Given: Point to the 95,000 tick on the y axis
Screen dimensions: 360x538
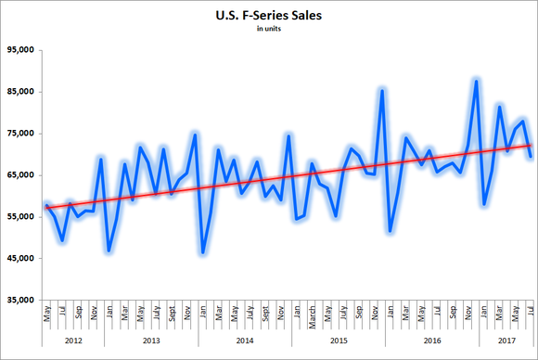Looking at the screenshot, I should coord(19,50).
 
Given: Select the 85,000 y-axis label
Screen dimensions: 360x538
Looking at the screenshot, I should coord(19,92).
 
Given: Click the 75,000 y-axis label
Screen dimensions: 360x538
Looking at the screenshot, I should coord(19,134).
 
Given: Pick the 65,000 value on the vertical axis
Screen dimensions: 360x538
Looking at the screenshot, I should coord(19,175).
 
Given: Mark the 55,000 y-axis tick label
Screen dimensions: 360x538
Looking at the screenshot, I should coord(19,217).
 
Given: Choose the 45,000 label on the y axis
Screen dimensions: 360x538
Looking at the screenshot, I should coord(19,259).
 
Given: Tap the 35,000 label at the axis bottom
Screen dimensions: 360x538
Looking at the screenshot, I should coord(19,301).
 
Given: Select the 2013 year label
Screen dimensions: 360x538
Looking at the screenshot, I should coord(150,341).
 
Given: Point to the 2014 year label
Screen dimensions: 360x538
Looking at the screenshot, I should coord(245,341).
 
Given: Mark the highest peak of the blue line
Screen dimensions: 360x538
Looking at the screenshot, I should coord(476,81).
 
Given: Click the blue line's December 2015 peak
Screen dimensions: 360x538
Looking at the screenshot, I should coord(382,90).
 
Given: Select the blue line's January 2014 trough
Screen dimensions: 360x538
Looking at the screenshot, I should coord(202,252).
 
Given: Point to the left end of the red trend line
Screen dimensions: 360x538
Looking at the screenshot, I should coord(46,209).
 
